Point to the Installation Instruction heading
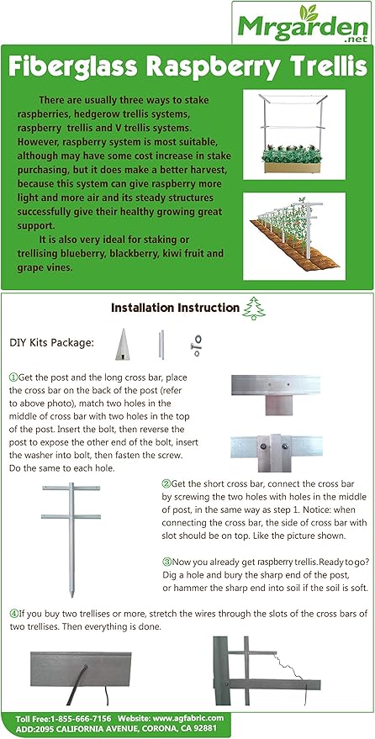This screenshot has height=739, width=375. (174, 309)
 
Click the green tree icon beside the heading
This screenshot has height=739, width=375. (252, 309)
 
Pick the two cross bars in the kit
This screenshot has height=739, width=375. (157, 344)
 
